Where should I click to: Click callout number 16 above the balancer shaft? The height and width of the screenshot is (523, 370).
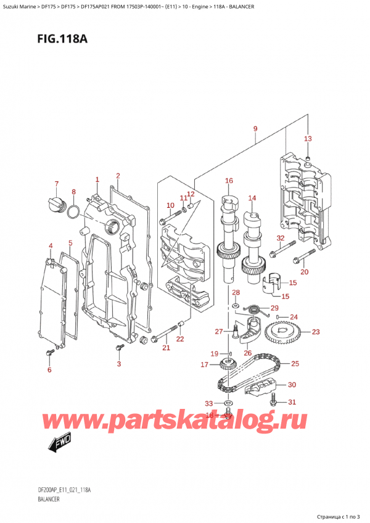[x=229, y=181]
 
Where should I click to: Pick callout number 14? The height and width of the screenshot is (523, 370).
[x=252, y=198]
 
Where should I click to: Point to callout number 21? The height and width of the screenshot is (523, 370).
[x=165, y=348]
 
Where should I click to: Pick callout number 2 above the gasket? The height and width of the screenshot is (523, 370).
[x=117, y=176]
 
